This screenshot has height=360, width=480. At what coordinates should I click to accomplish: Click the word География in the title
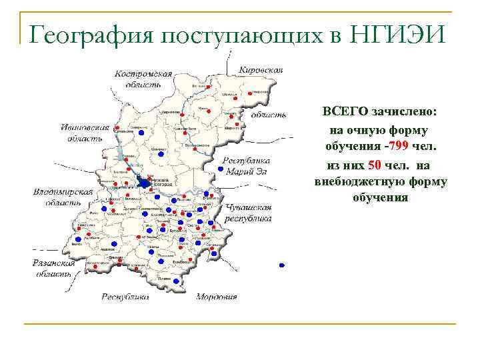(x=86, y=31)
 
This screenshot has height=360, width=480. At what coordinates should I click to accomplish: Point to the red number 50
(x=374, y=164)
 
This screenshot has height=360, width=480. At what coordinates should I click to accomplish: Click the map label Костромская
(x=143, y=74)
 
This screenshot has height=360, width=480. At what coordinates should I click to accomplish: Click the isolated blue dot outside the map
(x=282, y=265)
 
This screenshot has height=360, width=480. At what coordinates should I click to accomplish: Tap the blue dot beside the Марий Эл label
(x=221, y=169)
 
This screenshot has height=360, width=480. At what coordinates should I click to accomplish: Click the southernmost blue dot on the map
(x=176, y=281)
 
